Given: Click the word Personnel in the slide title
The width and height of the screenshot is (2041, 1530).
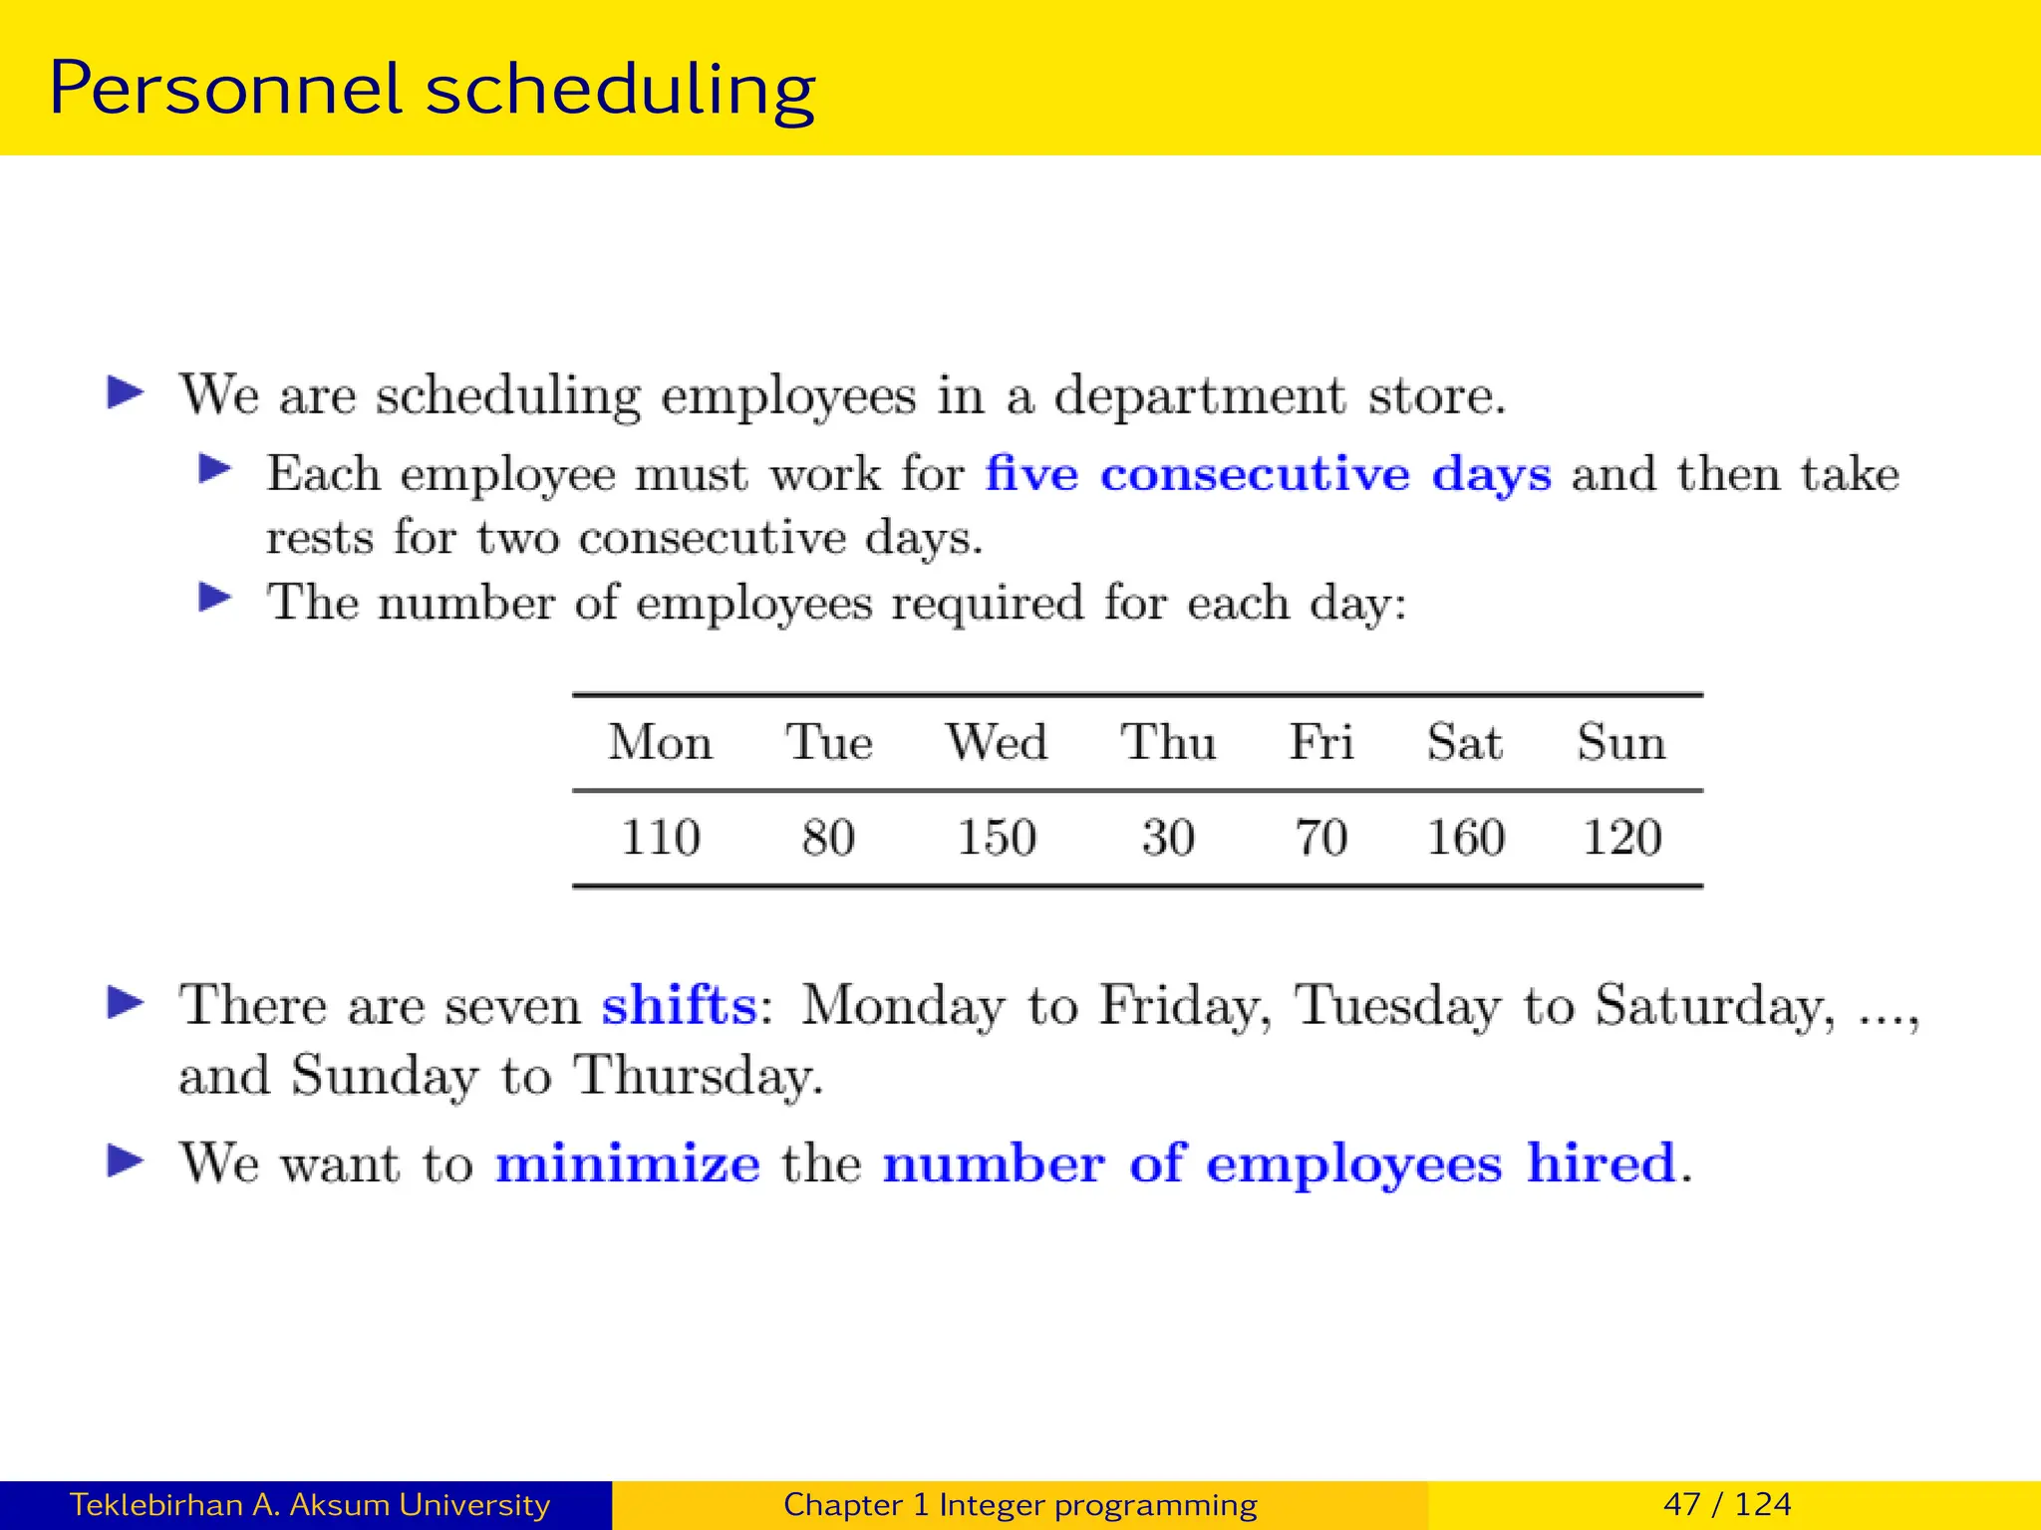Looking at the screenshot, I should pos(225,90).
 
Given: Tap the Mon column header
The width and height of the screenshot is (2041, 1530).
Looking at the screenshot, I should pos(661,742).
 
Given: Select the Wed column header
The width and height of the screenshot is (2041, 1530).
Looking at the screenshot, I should pos(997,742).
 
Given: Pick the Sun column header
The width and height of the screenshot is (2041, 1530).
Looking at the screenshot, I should pos(1621,742).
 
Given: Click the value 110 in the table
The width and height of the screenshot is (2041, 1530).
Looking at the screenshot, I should pos(661,837).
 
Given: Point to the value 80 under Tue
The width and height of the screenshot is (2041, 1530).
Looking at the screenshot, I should pos(828,837).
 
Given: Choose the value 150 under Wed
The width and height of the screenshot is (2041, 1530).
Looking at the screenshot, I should pos(997,837).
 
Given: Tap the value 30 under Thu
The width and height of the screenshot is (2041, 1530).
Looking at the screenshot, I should pos(1168,837).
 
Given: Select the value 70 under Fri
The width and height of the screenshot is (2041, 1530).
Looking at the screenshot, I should pos(1321,837).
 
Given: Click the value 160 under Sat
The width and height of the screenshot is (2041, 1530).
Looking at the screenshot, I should pos(1466,837).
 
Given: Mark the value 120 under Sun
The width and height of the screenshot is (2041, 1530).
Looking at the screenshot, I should pos(1622,837).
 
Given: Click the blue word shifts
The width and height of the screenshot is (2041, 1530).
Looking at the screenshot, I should pos(680,1005).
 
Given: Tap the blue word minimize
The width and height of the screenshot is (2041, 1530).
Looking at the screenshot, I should pos(628,1163).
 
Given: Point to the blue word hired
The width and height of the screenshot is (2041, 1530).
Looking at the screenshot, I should pos(1602,1163).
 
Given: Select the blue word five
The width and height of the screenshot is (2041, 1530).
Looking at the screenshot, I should pos(1031,473).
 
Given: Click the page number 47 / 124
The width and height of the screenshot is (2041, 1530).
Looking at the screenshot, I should pos(1727,1504).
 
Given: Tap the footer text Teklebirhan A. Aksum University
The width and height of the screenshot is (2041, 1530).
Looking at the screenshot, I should pos(310,1504).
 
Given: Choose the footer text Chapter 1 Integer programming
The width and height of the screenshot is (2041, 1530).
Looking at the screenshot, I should pos(1020,1504).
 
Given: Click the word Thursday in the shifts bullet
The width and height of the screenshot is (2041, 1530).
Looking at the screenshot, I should pos(698,1076).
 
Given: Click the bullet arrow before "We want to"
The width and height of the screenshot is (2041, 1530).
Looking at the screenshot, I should pos(126,1160).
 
